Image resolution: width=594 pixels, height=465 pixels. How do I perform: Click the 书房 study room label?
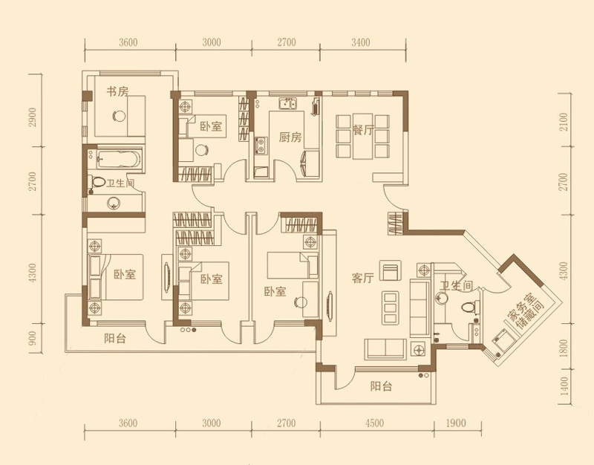pos(117,91)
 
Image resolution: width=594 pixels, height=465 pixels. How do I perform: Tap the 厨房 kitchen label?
pos(290,137)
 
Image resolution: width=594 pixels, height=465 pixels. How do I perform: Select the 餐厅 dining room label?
pos(363,131)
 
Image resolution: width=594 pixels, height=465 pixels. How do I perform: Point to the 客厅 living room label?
pos(363,278)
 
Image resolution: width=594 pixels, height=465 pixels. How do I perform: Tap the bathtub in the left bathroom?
pos(119,160)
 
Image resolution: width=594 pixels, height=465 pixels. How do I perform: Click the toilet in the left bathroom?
pos(97,182)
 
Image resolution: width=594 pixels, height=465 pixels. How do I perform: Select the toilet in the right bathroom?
pos(470,307)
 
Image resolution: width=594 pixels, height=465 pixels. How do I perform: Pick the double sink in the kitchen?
pos(288,103)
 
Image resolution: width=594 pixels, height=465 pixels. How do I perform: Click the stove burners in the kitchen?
pos(261,146)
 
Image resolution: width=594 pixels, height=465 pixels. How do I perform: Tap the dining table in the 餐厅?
pos(363,137)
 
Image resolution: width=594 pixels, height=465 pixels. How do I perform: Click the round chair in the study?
pos(120,115)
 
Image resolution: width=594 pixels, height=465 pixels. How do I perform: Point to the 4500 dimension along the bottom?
pos(375,423)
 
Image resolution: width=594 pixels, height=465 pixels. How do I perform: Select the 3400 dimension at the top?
pos(361,42)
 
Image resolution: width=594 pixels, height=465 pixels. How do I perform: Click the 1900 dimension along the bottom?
pos(457,423)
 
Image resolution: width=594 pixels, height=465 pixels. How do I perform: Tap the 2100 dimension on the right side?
pos(564,122)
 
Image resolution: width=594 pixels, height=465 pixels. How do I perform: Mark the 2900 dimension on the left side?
pos(33,117)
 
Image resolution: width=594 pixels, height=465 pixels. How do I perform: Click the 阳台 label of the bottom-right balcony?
pos(381,387)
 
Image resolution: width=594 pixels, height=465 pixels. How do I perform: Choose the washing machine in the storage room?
pos(503,341)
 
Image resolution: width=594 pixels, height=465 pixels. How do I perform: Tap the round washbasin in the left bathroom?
pos(114,203)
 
